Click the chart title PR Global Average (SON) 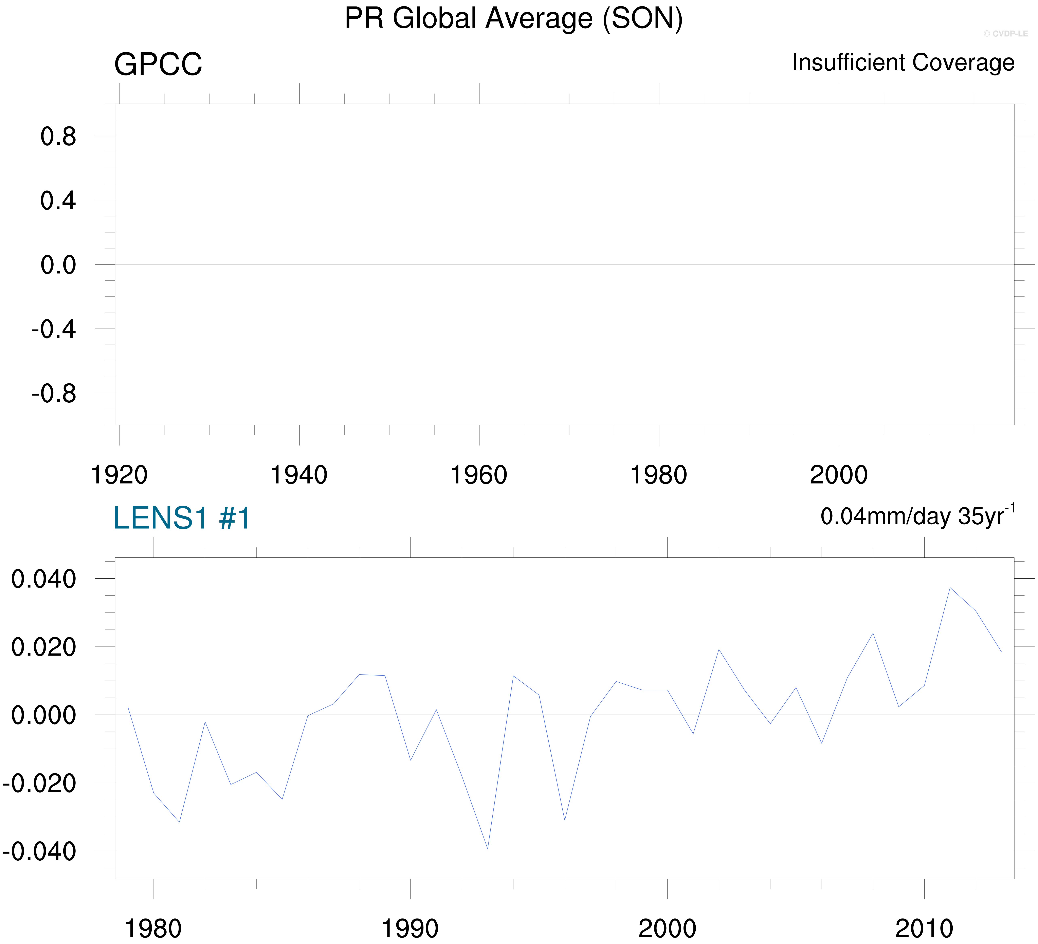coord(513,19)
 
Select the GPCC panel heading coord(158,65)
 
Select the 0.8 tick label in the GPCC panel coord(58,137)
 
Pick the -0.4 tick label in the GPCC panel coord(54,330)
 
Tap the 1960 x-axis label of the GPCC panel coord(479,475)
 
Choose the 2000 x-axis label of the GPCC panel coord(839,475)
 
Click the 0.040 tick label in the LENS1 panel coord(44,579)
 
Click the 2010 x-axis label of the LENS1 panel coord(924,929)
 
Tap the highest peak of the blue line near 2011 coord(950,588)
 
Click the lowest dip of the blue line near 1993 coord(488,849)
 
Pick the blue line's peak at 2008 coord(873,633)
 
